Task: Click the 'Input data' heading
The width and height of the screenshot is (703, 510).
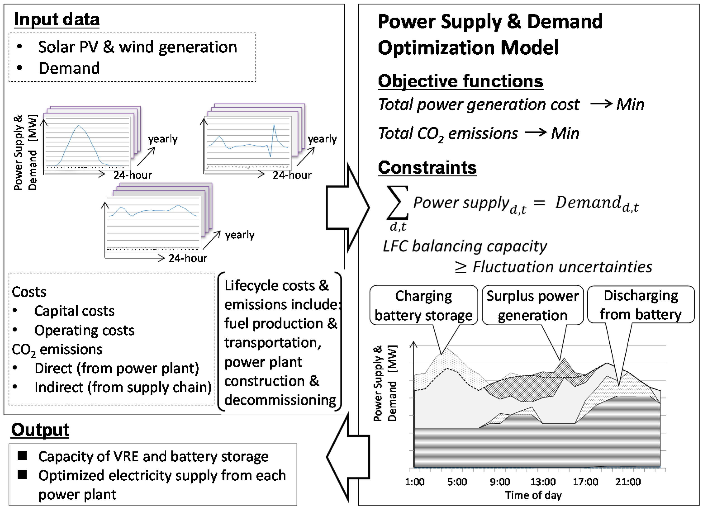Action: [57, 19]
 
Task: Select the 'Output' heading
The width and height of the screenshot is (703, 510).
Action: [40, 430]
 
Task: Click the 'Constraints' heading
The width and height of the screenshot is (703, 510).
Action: [427, 167]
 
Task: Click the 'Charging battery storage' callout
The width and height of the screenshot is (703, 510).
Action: [424, 305]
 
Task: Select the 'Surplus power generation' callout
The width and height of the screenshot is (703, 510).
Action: [532, 305]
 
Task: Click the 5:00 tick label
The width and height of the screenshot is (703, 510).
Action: [457, 482]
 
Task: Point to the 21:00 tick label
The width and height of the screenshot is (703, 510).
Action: [628, 482]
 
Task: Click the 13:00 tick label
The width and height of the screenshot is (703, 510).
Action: [543, 482]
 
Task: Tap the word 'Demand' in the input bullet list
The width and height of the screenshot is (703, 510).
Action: [69, 68]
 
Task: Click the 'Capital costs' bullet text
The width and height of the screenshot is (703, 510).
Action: [74, 311]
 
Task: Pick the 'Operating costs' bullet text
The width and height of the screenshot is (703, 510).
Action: [84, 330]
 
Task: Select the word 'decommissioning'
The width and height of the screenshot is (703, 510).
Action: [280, 400]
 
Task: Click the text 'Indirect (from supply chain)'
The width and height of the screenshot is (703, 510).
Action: [123, 387]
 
